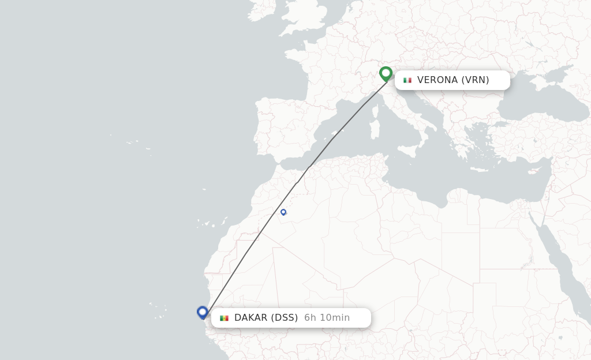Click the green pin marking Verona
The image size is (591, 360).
386,74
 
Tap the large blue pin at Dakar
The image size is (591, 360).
202,312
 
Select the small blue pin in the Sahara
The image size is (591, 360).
283,212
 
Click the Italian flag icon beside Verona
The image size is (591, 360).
407,80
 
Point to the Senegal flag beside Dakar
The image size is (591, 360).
224,318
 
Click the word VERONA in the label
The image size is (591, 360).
437,80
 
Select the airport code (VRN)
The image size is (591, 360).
475,80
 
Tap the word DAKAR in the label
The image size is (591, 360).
250,318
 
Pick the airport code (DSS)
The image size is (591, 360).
285,318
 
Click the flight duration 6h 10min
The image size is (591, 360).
327,318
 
